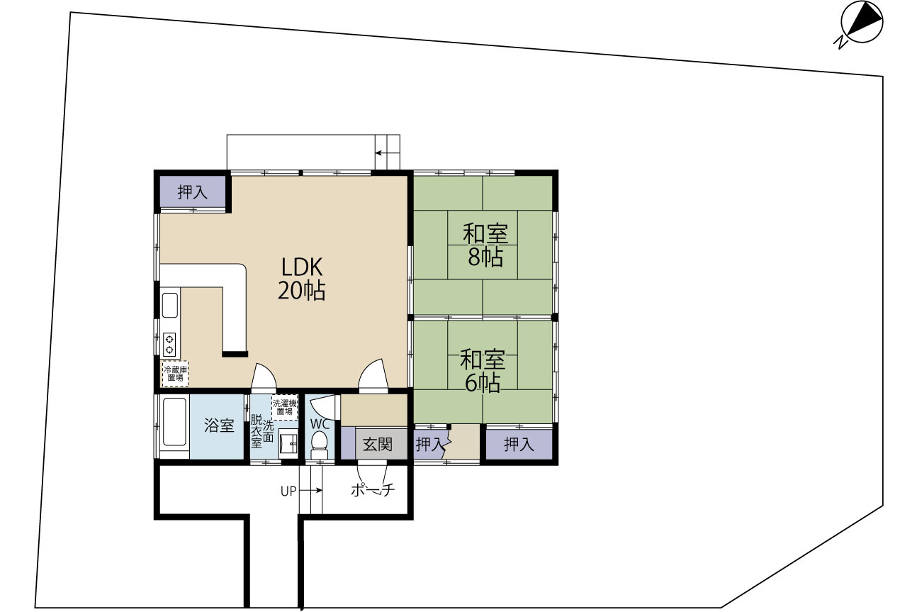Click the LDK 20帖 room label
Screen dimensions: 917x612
pyautogui.click(x=302, y=279)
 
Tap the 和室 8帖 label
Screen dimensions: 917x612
pyautogui.click(x=485, y=245)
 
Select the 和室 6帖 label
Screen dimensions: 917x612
pyautogui.click(x=483, y=371)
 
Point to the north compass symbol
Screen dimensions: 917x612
pyautogui.click(x=860, y=23)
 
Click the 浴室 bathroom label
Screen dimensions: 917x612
pyautogui.click(x=219, y=425)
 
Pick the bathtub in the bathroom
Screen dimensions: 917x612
pyautogui.click(x=175, y=422)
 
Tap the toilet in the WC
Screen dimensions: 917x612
pyautogui.click(x=320, y=445)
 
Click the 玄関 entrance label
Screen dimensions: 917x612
pyautogui.click(x=378, y=444)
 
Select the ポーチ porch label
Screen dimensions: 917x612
pyautogui.click(x=373, y=490)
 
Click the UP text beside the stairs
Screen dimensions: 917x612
pyautogui.click(x=288, y=491)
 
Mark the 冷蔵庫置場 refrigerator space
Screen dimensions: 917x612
pyautogui.click(x=175, y=374)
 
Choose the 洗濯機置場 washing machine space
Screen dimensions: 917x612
pyautogui.click(x=284, y=407)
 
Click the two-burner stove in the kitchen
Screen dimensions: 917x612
pyautogui.click(x=169, y=345)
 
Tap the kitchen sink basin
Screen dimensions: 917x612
pyautogui.click(x=170, y=305)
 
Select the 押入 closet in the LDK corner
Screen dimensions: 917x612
pyautogui.click(x=193, y=191)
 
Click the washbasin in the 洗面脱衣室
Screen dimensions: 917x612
pyautogui.click(x=288, y=444)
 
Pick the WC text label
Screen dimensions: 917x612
pyautogui.click(x=320, y=424)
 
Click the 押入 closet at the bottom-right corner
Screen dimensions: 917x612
pyautogui.click(x=519, y=445)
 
